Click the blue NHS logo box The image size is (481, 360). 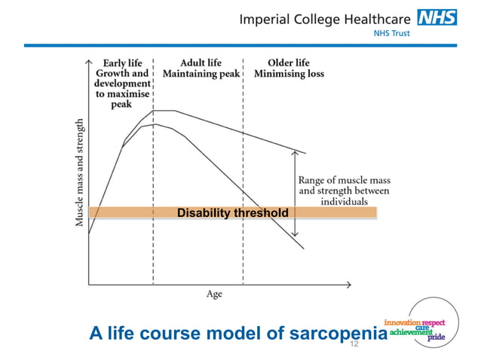[x=437, y=17]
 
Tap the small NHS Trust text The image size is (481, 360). [x=391, y=34]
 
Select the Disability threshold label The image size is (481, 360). [x=232, y=213]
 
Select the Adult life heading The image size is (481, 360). [x=198, y=63]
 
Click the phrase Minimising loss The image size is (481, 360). [x=290, y=75]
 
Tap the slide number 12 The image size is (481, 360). [x=353, y=343]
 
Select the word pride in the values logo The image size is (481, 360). [x=437, y=338]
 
